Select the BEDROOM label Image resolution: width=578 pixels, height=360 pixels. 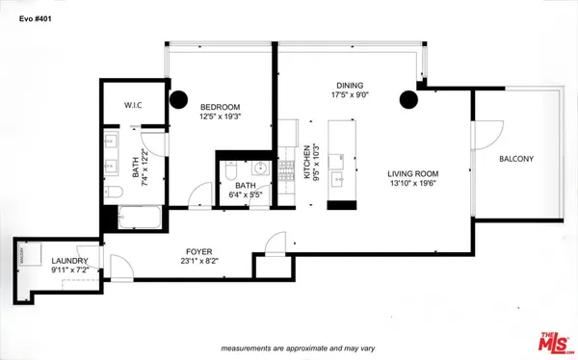(x=220, y=107)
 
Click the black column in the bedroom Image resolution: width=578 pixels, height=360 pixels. (x=179, y=98)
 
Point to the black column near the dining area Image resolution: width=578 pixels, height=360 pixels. (x=410, y=98)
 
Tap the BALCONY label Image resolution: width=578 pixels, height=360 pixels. (x=517, y=159)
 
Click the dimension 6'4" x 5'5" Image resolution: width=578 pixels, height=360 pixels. (x=244, y=195)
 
